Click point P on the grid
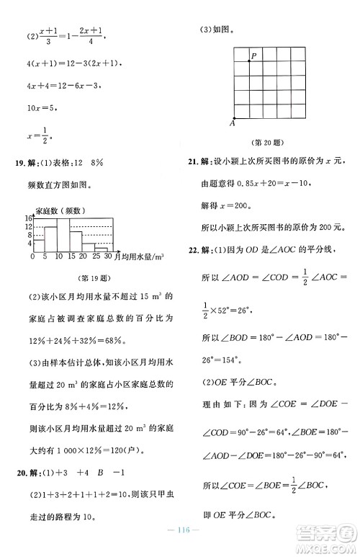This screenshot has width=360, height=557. pyautogui.click(x=250, y=61)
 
